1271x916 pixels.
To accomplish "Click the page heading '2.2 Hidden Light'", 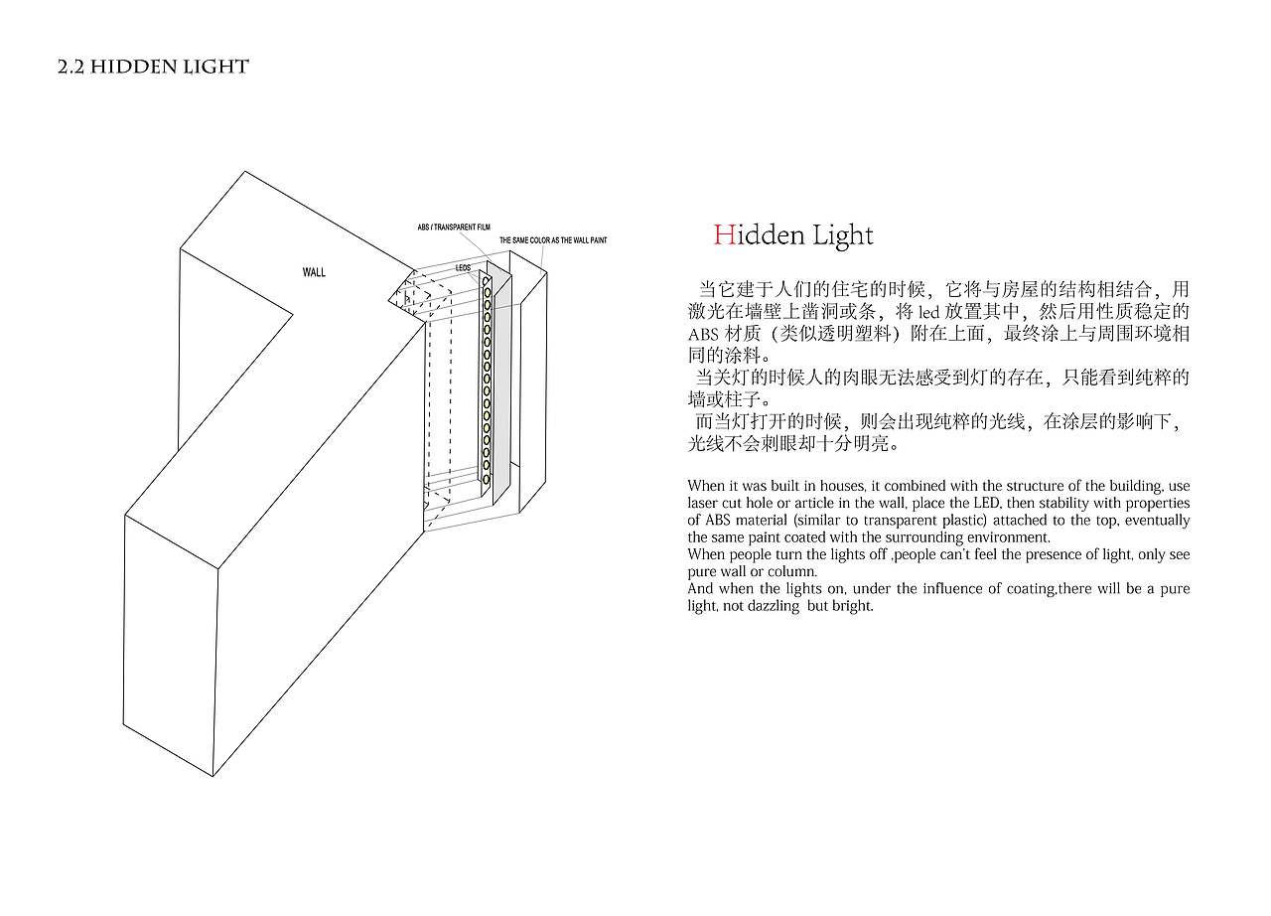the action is (153, 67).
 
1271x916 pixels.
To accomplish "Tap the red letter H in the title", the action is (725, 234).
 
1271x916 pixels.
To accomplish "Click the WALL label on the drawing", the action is (314, 272).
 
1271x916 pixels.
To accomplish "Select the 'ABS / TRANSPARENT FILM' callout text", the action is (454, 228).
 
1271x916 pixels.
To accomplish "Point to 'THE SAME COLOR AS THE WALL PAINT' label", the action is (553, 240).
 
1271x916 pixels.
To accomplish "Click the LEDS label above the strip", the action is (463, 268).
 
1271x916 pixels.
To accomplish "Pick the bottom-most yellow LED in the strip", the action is (487, 479).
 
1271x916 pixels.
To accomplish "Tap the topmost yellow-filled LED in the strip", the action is (487, 292).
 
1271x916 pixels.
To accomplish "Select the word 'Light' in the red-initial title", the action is (843, 235).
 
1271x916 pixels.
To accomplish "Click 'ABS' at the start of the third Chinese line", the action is (703, 334).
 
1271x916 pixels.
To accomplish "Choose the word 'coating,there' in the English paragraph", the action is (1050, 589).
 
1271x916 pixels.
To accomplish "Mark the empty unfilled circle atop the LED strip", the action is (487, 281).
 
